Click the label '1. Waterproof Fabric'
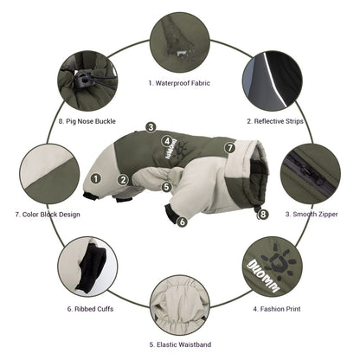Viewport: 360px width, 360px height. coord(179,83)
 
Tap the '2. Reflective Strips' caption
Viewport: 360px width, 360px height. coord(276,122)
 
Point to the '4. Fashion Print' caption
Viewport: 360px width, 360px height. coord(279,307)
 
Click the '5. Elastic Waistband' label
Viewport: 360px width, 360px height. coord(179,344)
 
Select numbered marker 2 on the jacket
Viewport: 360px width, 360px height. coord(124,180)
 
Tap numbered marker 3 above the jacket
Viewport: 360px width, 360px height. coord(151,127)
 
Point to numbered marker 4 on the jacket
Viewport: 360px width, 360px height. coord(166,139)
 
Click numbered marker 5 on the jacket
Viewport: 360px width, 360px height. coord(167,185)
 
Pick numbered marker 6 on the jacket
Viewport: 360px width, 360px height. coord(182,222)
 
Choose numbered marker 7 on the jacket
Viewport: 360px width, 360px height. coord(229,148)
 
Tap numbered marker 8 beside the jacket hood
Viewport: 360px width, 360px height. coord(262,213)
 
